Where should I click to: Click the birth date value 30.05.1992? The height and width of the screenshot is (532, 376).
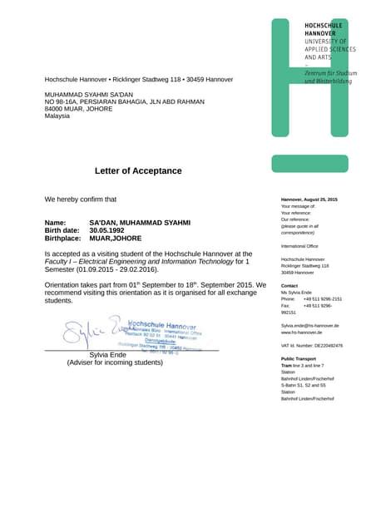point(111,230)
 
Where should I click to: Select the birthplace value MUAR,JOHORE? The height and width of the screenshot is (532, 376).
point(115,238)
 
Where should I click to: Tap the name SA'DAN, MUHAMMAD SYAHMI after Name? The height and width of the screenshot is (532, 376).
point(140,223)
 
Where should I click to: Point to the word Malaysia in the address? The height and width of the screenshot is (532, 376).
point(57,116)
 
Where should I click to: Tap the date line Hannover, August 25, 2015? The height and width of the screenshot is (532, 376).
point(309,199)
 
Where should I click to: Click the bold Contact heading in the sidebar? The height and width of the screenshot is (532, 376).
point(289,285)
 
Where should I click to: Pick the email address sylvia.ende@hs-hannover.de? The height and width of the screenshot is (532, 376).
point(311,325)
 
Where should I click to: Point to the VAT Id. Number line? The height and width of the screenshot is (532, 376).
point(311,345)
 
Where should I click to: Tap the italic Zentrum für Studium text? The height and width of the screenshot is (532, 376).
point(330,73)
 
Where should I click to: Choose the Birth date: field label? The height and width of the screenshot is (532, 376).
point(64,230)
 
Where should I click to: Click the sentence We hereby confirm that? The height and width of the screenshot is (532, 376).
point(81,199)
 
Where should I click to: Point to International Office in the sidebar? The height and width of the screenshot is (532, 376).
point(299,246)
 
